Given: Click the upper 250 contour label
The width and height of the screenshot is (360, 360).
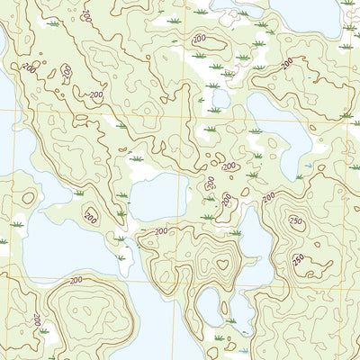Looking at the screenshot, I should point(294,221).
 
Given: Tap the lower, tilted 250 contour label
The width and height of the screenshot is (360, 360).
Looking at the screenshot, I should point(298,261).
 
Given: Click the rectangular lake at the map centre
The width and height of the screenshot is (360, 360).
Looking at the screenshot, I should point(158,196).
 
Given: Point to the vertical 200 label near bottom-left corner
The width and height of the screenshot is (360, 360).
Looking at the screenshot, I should point(36,319).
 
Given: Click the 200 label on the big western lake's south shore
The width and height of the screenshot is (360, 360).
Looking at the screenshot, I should point(75,281).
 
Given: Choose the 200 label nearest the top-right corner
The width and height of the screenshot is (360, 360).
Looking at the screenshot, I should point(286,63).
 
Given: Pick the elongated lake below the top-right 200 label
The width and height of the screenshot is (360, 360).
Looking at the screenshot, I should point(279,121).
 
